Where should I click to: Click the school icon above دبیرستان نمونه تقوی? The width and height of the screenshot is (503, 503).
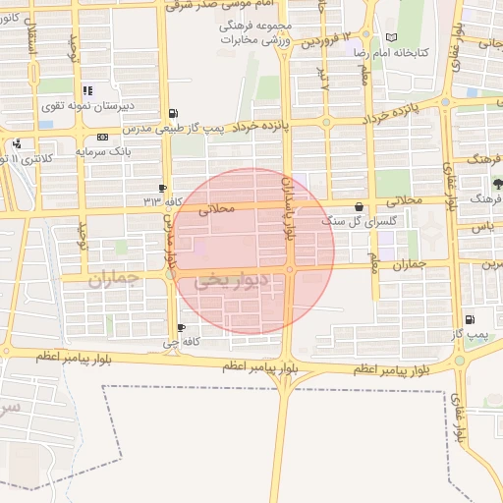pyautogui.click(x=87, y=90)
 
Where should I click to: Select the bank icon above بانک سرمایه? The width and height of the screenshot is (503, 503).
pyautogui.click(x=102, y=137)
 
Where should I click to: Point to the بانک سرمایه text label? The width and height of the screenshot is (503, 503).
pyautogui.click(x=103, y=151)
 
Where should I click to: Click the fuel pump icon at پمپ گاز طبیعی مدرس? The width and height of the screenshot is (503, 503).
pyautogui.click(x=173, y=113)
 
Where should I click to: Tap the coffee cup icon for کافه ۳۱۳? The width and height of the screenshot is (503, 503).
pyautogui.click(x=163, y=188)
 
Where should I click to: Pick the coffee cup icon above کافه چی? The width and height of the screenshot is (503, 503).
pyautogui.click(x=180, y=328)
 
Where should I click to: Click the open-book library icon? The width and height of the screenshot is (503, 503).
pyautogui.click(x=392, y=37)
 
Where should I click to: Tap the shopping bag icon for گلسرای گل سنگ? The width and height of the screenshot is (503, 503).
pyautogui.click(x=357, y=207)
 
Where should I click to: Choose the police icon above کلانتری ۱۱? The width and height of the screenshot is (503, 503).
pyautogui.click(x=16, y=144)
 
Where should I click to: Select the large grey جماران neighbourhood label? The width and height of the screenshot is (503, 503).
pyautogui.click(x=115, y=280)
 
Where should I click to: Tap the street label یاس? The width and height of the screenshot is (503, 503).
pyautogui.click(x=481, y=227)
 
